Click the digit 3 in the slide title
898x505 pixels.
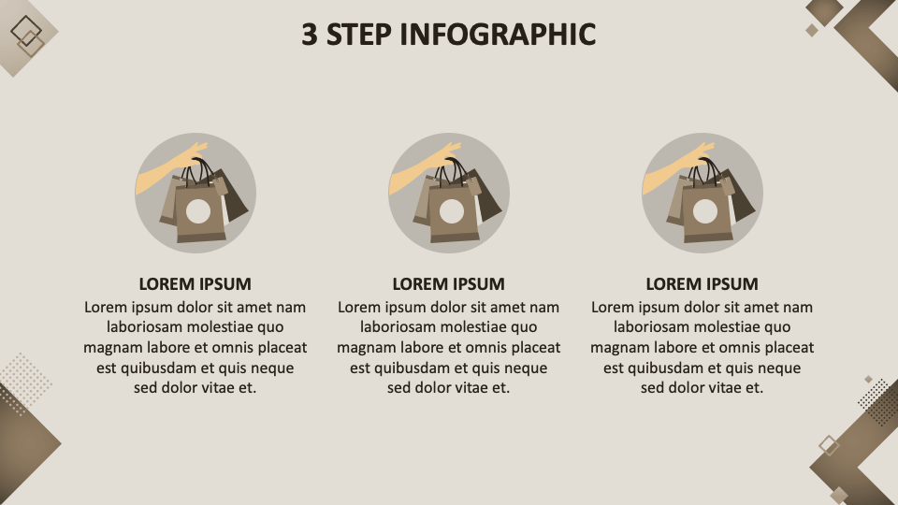(310, 35)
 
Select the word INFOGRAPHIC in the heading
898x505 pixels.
(498, 35)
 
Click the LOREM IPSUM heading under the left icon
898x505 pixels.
(196, 284)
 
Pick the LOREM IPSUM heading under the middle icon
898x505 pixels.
(448, 284)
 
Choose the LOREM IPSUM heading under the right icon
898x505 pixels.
(702, 284)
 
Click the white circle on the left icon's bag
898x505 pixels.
(198, 211)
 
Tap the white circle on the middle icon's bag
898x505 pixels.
(451, 211)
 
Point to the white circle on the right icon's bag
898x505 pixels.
(705, 211)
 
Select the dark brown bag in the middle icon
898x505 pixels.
(486, 194)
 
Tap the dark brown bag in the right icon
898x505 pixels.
(741, 194)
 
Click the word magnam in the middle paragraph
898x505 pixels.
(360, 348)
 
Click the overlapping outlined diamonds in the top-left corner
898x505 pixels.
(27, 36)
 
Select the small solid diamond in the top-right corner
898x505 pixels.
(812, 30)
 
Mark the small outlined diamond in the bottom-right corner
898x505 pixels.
(829, 445)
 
